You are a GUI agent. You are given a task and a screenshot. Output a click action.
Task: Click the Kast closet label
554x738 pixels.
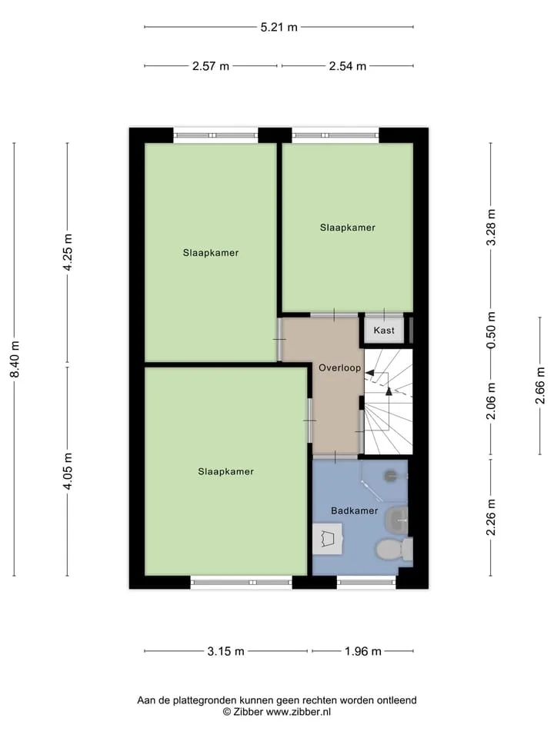tap(383, 331)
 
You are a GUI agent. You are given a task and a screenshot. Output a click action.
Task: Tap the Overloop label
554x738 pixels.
tap(339, 368)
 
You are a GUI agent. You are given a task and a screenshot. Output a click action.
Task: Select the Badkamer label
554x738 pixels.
tap(354, 510)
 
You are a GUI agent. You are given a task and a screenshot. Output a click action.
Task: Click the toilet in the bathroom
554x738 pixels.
tap(394, 549)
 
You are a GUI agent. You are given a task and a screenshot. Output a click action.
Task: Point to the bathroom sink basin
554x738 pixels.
tap(397, 520)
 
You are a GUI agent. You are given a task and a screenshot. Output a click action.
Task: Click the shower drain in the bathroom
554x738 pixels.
tap(392, 476)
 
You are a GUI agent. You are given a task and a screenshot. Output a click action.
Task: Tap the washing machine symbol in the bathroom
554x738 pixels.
tap(328, 538)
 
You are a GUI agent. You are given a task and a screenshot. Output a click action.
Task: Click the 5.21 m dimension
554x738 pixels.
tap(279, 28)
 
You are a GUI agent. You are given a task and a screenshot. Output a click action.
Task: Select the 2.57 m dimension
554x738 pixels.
tap(211, 66)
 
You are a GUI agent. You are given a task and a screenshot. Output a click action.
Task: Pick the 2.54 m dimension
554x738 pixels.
tap(348, 66)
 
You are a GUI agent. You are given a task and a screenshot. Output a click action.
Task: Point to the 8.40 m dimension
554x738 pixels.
tap(15, 359)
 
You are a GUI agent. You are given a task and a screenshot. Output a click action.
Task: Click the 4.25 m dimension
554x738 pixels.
tap(68, 252)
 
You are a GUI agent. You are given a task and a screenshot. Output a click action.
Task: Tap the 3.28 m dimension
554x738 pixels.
tap(491, 227)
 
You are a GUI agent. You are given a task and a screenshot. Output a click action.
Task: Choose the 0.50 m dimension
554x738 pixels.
tap(491, 330)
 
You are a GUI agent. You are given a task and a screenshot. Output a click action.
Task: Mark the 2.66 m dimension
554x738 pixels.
tap(540, 385)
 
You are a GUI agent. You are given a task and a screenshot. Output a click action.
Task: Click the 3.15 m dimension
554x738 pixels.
tap(225, 651)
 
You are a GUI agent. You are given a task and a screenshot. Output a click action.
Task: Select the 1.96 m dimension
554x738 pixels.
tap(362, 651)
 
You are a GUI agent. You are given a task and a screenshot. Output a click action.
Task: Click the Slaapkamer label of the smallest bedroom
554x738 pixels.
tap(348, 228)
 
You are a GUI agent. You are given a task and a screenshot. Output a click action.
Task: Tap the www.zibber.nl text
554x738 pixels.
tap(299, 712)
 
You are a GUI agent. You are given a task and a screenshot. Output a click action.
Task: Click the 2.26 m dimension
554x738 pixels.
tap(491, 517)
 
